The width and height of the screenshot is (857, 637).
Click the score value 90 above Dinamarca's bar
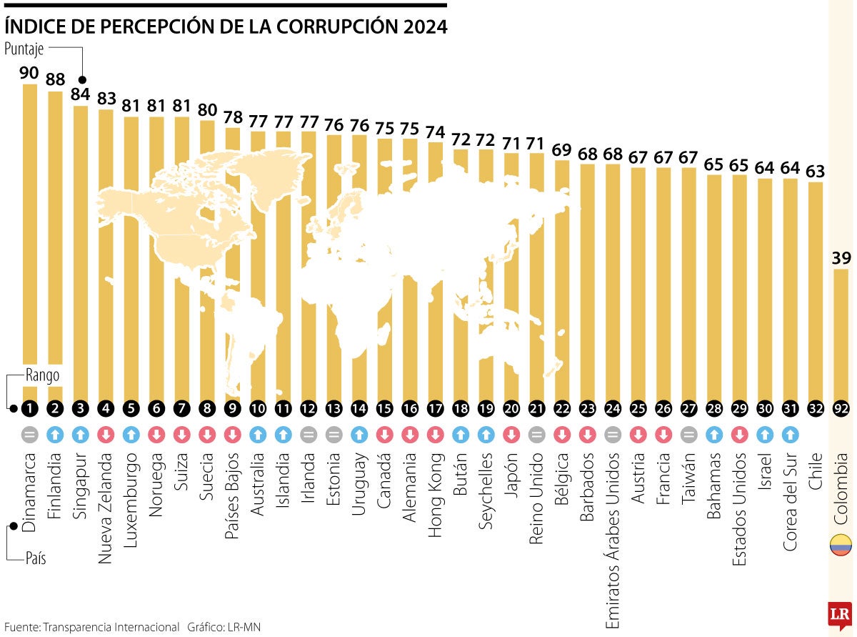coord(29,73)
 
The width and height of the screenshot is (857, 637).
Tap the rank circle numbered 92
coord(841,409)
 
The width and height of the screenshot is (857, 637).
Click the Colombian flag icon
coord(841,544)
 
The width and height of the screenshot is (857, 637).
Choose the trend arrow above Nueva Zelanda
coord(106,434)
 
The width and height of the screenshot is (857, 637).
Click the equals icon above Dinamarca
coord(29,434)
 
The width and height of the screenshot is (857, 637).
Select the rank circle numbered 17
coord(436,409)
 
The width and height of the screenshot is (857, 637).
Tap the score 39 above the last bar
coord(841,257)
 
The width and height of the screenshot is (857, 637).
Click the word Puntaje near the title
coord(24,49)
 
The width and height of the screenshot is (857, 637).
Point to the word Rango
coord(42,375)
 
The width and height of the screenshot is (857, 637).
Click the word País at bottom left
coord(36,558)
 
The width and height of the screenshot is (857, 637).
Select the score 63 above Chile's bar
coord(815,171)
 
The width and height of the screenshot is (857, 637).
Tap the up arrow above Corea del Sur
coord(790,434)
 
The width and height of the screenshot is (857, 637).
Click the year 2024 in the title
coord(424,26)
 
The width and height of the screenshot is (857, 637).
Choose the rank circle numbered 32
coord(815,409)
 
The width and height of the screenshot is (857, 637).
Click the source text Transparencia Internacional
coord(111,627)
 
